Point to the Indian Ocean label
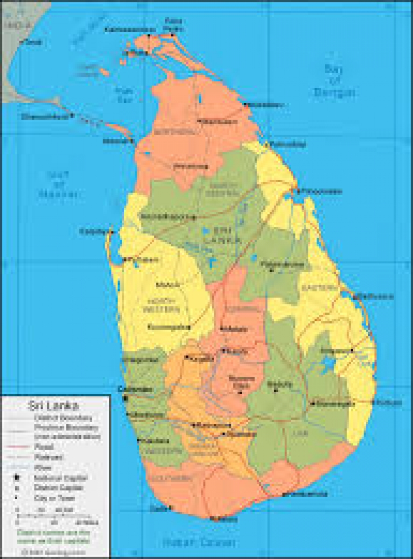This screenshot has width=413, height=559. click(x=199, y=542)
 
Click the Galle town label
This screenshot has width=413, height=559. click(x=156, y=508)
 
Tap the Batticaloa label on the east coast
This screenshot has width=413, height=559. click(x=376, y=297)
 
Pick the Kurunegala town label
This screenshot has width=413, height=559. click(x=166, y=327)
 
